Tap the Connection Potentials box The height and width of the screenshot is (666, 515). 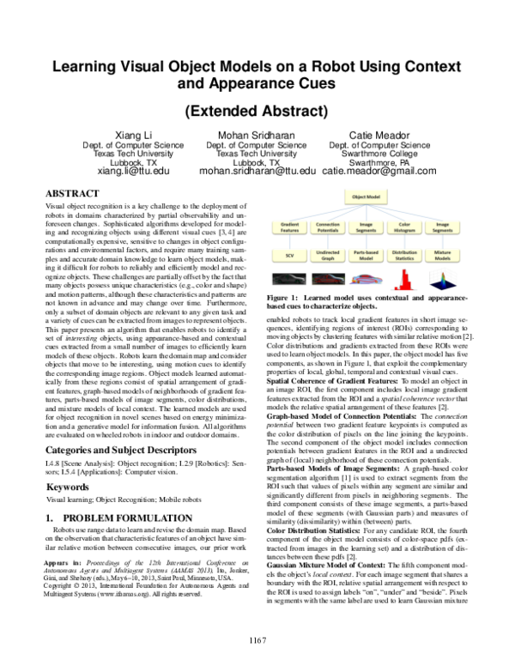[328, 228]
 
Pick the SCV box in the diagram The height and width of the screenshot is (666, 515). [289, 255]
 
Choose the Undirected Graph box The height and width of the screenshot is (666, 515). [328, 255]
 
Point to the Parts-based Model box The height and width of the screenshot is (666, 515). [367, 255]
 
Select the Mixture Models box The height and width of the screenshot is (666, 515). [443, 255]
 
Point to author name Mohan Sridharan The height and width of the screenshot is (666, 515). [257, 135]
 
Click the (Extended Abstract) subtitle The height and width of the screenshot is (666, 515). [257, 110]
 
